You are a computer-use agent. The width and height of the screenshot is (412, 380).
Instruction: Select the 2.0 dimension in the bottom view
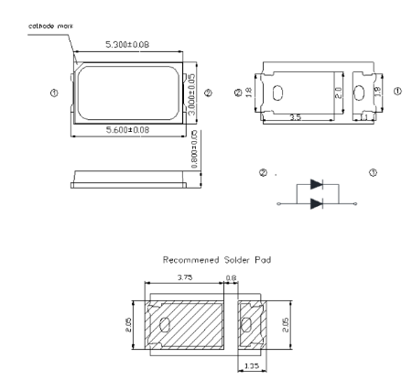click(337, 92)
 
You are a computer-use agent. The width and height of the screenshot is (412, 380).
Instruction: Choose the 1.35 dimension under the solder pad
click(251, 364)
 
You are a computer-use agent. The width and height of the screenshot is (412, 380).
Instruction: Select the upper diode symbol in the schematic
click(316, 184)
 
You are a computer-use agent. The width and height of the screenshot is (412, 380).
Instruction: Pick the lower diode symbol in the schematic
click(316, 203)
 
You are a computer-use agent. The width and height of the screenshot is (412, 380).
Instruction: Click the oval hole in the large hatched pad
click(166, 326)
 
